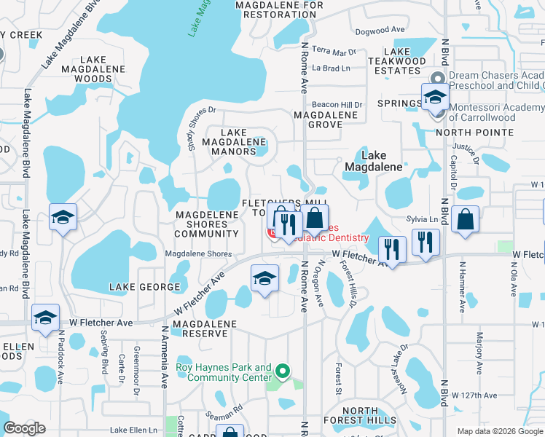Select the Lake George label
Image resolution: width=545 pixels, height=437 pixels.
tap(139, 288)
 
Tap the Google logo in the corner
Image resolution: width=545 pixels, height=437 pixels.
tap(24, 428)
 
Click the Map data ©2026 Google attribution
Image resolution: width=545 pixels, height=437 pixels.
tap(499, 431)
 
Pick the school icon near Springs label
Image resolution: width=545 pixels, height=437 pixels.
tap(435, 97)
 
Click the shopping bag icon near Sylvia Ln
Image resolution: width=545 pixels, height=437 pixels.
tap(464, 220)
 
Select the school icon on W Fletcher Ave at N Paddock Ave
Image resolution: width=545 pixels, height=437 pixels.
tap(45, 319)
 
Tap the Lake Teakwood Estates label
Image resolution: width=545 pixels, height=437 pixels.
tap(397, 61)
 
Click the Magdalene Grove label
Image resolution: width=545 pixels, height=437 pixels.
tap(326, 119)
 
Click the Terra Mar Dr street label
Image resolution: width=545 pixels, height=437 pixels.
tap(334, 52)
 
